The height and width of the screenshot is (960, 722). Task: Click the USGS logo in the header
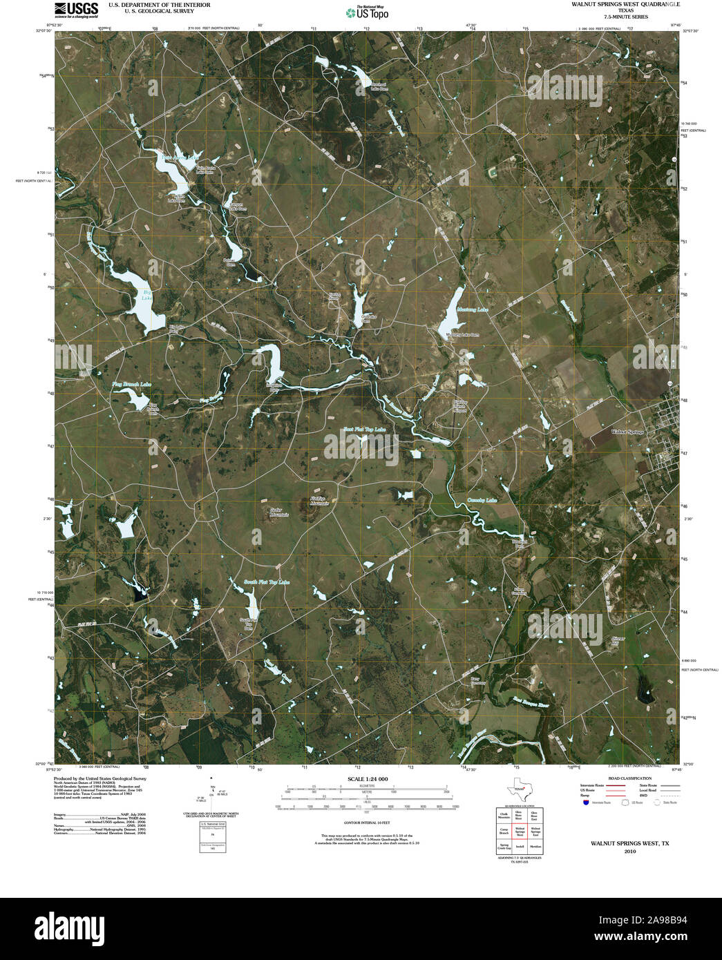coord(77,10)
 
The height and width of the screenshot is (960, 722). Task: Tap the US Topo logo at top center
coord(368,12)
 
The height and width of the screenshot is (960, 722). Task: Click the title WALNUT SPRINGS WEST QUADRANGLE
coord(625,4)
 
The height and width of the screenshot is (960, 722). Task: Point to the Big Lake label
coord(146,296)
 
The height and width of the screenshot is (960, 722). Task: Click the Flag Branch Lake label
coord(131,384)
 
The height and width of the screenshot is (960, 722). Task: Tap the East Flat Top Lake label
coord(365,430)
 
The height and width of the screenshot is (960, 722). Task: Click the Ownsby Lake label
coord(482,500)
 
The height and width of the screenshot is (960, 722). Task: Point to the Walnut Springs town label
coord(627,432)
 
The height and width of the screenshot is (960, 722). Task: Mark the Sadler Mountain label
coord(274,513)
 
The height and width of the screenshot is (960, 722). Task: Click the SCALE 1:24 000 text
coord(367,779)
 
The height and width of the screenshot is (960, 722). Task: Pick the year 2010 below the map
coord(629,852)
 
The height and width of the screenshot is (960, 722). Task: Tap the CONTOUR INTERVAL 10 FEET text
coord(367,823)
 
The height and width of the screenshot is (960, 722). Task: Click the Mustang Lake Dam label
coord(463,335)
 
